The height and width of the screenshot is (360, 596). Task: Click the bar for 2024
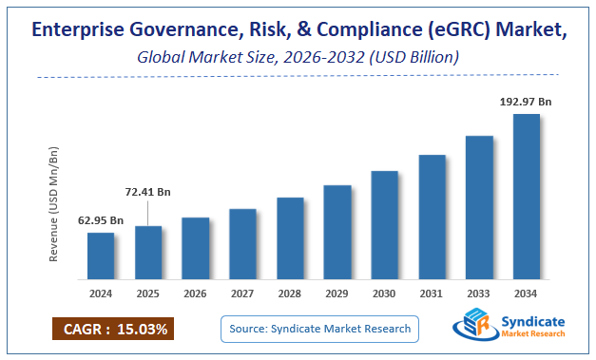(101, 257)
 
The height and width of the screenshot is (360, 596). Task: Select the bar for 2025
(148, 254)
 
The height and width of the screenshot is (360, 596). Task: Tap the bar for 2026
(196, 250)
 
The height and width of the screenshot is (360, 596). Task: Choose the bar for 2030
(384, 226)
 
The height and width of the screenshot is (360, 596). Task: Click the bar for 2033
(479, 209)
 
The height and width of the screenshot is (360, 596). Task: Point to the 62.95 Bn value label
(101, 220)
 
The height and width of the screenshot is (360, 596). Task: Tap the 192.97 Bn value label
(527, 101)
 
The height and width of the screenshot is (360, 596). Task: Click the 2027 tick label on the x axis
(243, 294)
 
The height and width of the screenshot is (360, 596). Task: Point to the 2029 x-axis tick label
(337, 294)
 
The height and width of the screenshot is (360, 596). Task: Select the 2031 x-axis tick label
(432, 294)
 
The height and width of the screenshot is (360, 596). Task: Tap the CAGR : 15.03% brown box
(113, 330)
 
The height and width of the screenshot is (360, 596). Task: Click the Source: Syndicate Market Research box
(320, 329)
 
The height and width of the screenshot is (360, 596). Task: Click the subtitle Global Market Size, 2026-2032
(252, 57)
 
